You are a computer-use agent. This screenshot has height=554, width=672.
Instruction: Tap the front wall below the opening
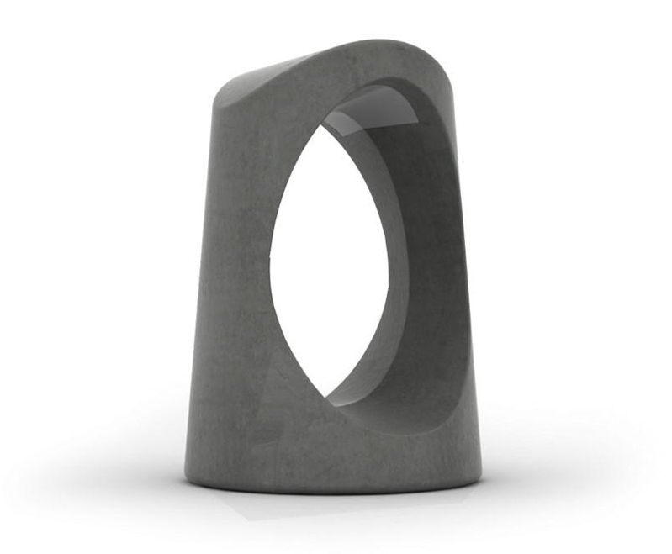[328, 446]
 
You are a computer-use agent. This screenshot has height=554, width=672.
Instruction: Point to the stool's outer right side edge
[468, 294]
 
